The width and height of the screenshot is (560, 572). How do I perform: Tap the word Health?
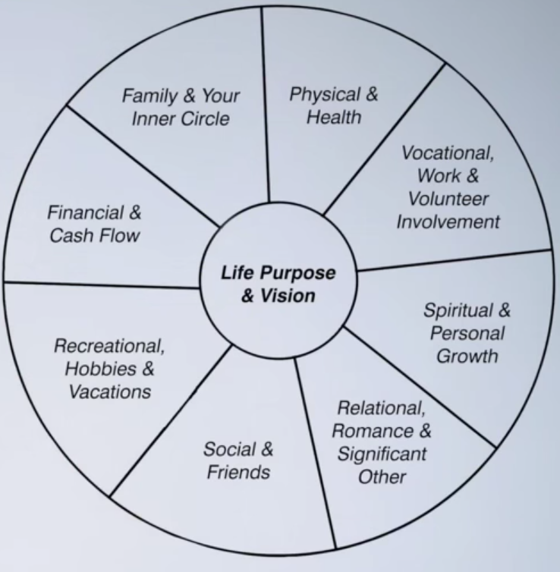(334, 118)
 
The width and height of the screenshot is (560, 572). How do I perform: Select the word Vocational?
(448, 153)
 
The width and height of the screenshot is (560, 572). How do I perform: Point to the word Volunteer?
(448, 199)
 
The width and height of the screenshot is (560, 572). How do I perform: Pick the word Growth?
(467, 355)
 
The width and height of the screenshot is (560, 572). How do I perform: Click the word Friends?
(238, 472)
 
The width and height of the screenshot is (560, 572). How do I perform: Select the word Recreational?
(109, 346)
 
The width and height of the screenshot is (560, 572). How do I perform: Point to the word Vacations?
(110, 391)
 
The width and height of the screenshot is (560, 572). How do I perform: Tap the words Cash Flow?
(95, 235)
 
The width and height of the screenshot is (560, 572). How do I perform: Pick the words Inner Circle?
(185, 119)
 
